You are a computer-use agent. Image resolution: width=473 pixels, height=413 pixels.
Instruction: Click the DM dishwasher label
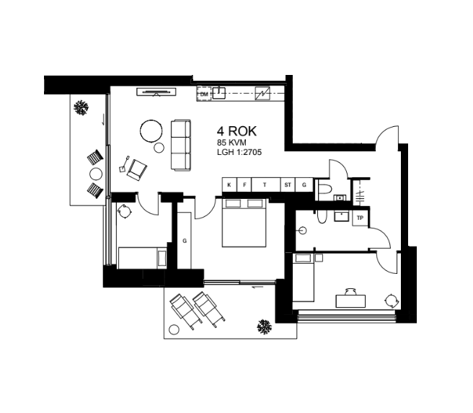204,94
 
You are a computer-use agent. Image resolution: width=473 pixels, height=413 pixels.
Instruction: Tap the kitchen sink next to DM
219,93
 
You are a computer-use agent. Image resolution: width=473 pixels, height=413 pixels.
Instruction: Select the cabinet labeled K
229,185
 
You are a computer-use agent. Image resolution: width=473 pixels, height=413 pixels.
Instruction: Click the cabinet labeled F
244,185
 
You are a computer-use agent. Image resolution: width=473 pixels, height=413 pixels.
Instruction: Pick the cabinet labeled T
265,185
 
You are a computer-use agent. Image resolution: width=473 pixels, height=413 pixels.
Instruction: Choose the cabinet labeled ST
288,185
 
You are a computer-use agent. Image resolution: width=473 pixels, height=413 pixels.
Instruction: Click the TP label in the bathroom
360,218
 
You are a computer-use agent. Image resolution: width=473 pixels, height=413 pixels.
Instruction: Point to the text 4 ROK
236,131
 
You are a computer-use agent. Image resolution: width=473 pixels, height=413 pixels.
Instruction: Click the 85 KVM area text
231,143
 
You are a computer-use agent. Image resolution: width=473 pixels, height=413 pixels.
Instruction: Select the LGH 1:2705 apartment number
239,152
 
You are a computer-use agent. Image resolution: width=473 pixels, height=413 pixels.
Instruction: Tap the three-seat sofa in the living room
181,146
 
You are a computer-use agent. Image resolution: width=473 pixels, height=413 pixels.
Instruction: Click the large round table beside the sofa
151,131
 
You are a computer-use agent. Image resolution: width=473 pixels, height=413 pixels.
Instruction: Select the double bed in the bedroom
244,223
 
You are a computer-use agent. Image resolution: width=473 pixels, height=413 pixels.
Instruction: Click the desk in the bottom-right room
350,301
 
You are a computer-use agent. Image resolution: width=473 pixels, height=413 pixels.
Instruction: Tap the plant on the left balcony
81,107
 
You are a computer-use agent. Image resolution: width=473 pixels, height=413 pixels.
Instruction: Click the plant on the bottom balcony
264,327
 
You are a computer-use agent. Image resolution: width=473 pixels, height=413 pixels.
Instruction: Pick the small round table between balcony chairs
96,174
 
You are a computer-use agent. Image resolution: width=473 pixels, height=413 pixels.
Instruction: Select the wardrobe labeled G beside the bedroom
185,240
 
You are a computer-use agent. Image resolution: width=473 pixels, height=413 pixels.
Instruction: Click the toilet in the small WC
325,189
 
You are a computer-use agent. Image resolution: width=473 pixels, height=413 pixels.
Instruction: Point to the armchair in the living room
137,169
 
